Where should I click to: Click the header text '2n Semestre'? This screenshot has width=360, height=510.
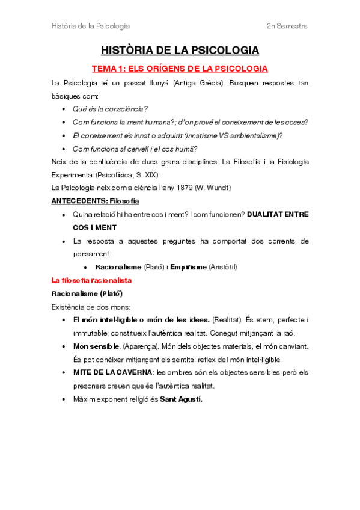point(287,26)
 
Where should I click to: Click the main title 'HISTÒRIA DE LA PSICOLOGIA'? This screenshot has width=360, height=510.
point(180,50)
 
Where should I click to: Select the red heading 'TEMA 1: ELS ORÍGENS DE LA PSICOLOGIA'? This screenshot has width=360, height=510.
point(179,69)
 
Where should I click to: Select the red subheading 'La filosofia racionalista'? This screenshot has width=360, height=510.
point(91,280)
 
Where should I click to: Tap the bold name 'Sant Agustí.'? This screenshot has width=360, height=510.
point(181,399)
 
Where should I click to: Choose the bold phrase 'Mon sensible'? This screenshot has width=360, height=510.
point(96,346)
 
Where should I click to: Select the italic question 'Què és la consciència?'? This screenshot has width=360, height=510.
point(110,109)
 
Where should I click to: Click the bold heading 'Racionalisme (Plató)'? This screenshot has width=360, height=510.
point(87,293)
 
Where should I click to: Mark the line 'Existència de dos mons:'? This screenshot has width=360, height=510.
point(87,307)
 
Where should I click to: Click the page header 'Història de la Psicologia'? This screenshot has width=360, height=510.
point(90,26)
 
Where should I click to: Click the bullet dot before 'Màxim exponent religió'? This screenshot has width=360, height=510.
point(64,399)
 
